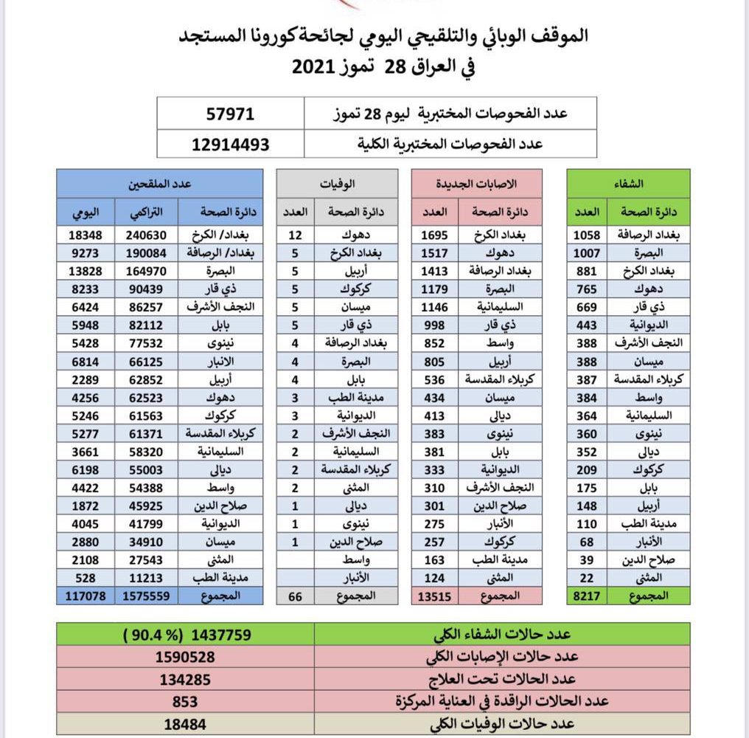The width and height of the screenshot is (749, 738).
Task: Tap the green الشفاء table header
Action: tap(628, 182)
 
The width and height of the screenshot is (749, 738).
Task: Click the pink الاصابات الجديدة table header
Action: tap(478, 182)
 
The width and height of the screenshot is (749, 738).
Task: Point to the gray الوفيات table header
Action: tap(337, 182)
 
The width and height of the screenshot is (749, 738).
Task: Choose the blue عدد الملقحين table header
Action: tap(160, 182)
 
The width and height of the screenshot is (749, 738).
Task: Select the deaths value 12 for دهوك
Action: tap(295, 235)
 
